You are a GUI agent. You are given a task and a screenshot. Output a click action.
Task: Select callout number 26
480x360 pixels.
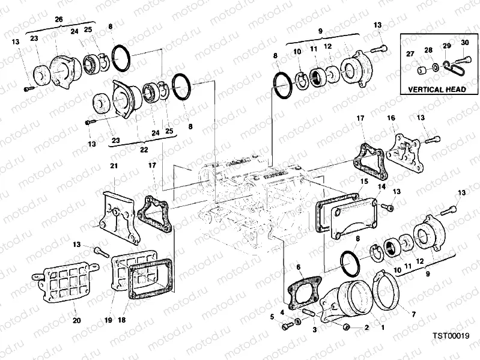[x=59, y=20]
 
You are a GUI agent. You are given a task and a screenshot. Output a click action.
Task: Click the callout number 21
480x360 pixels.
[x=114, y=165]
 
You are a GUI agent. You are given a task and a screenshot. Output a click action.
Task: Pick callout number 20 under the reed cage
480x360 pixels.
[x=77, y=320]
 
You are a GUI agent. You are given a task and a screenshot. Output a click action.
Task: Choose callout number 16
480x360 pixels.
[x=391, y=119]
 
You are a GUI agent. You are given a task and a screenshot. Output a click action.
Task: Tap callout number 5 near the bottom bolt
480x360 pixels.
[x=272, y=316]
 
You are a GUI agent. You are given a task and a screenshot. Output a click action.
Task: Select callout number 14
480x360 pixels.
[x=380, y=187]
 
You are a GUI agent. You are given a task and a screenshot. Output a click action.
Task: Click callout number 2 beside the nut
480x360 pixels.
[x=366, y=328]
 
